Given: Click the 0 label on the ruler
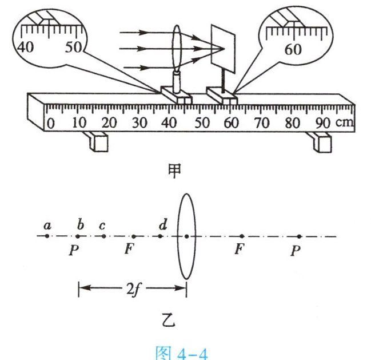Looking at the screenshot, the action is point(51,124).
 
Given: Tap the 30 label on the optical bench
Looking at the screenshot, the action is point(139,123).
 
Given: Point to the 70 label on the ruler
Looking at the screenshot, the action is point(262,123).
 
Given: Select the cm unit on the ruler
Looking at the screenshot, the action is point(345,122).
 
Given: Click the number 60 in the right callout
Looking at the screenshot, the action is point(293,49).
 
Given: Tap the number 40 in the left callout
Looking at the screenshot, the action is point(26,47).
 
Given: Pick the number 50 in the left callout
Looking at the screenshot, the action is point(73,47).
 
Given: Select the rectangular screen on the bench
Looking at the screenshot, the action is point(223,49).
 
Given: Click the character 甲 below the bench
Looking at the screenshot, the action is point(174,171).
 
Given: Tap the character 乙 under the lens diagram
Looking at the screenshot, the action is point(169,320).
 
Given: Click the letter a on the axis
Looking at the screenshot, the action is point(47,226).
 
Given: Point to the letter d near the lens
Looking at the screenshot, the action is point(163,224).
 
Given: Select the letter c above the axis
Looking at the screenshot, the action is point(102,226).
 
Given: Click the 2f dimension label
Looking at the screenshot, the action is point(133,290).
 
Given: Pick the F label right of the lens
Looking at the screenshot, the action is point(239,249).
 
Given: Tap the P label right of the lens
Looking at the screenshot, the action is point(296,251).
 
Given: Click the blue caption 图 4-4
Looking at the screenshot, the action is point(182,353).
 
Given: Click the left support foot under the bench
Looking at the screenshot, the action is point(97,141).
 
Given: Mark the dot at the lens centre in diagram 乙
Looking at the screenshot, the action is point(187,236).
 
